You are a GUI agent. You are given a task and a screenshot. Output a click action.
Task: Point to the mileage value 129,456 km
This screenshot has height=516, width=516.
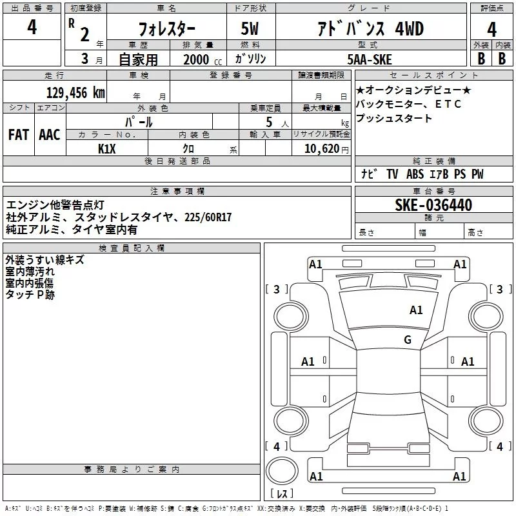(75, 92)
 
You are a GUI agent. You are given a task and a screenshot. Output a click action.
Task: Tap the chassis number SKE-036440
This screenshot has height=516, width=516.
(433, 206)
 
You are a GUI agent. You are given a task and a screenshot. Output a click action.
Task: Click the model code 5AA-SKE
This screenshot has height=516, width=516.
(369, 59)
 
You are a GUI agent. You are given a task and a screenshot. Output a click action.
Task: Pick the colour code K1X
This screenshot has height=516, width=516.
(107, 148)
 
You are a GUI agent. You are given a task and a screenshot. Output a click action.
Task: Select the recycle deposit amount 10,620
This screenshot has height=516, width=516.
(319, 149)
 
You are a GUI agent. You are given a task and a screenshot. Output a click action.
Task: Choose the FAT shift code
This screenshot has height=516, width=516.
(19, 135)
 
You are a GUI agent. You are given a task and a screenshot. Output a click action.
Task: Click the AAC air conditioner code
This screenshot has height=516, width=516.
(50, 135)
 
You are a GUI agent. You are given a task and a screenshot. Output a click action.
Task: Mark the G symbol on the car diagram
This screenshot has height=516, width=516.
(408, 340)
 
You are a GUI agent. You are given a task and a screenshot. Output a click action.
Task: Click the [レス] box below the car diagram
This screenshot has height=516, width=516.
(282, 493)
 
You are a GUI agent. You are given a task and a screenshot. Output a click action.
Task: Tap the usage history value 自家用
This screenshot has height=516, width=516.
(138, 59)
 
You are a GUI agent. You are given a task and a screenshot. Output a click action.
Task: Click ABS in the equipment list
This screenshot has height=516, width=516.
(415, 174)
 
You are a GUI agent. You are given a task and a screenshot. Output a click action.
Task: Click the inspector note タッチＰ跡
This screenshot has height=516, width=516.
(30, 294)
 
